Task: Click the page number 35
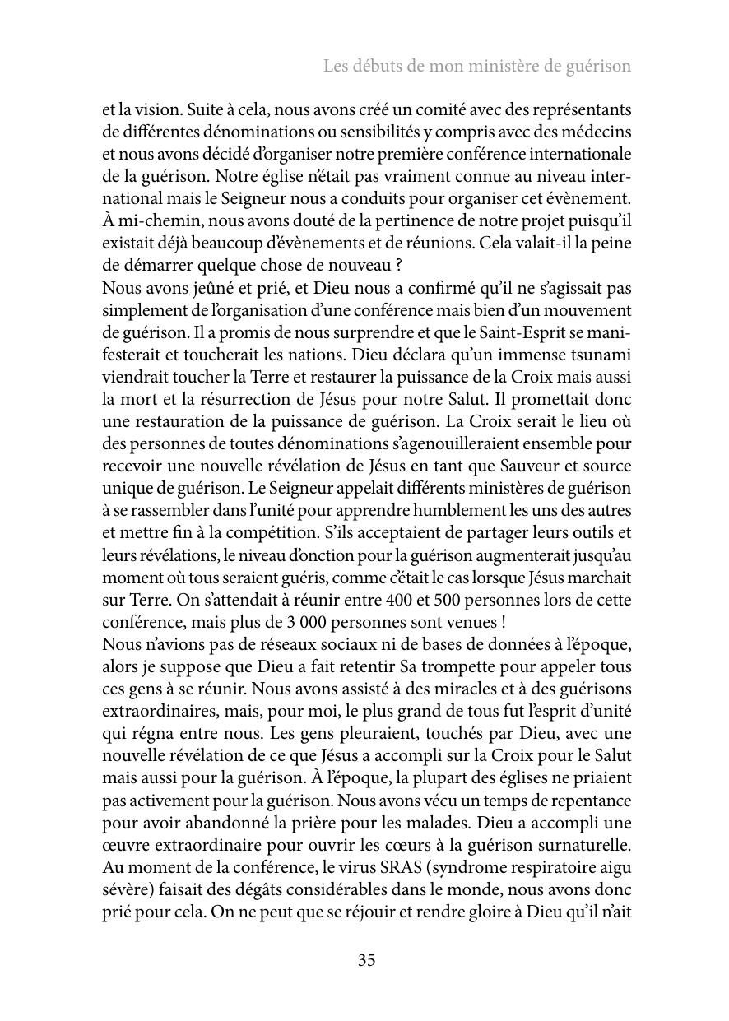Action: (367, 960)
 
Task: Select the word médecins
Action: (596, 132)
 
